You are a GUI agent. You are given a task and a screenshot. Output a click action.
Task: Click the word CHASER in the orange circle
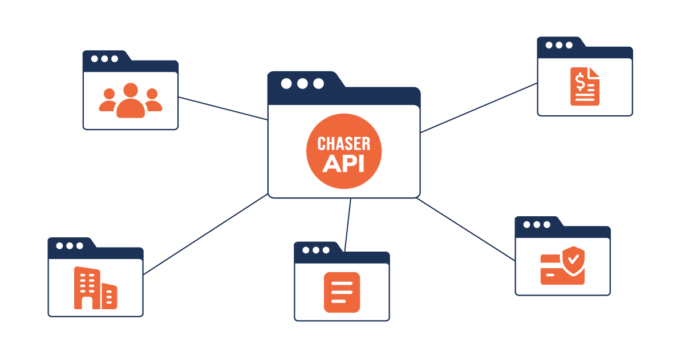(343, 143)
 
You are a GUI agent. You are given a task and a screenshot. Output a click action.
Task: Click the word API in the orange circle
(343, 162)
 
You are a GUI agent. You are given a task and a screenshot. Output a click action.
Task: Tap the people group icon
(131, 101)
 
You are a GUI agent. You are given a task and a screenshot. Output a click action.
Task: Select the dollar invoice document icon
(585, 86)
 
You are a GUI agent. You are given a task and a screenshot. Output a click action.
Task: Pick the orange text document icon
(342, 292)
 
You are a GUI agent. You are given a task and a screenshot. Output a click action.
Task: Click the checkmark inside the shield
(574, 258)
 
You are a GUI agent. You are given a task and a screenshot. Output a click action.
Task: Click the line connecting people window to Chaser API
(223, 108)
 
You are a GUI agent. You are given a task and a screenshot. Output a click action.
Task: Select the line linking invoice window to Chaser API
(479, 108)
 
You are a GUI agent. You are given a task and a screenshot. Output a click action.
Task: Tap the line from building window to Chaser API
(205, 234)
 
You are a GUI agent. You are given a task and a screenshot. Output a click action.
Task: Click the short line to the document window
(348, 224)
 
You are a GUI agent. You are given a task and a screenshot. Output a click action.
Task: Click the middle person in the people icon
(131, 100)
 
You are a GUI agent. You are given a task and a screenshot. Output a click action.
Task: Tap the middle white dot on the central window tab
(302, 84)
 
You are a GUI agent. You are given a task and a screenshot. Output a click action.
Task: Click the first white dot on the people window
(94, 59)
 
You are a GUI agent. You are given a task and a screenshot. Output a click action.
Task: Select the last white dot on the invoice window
(569, 45)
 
